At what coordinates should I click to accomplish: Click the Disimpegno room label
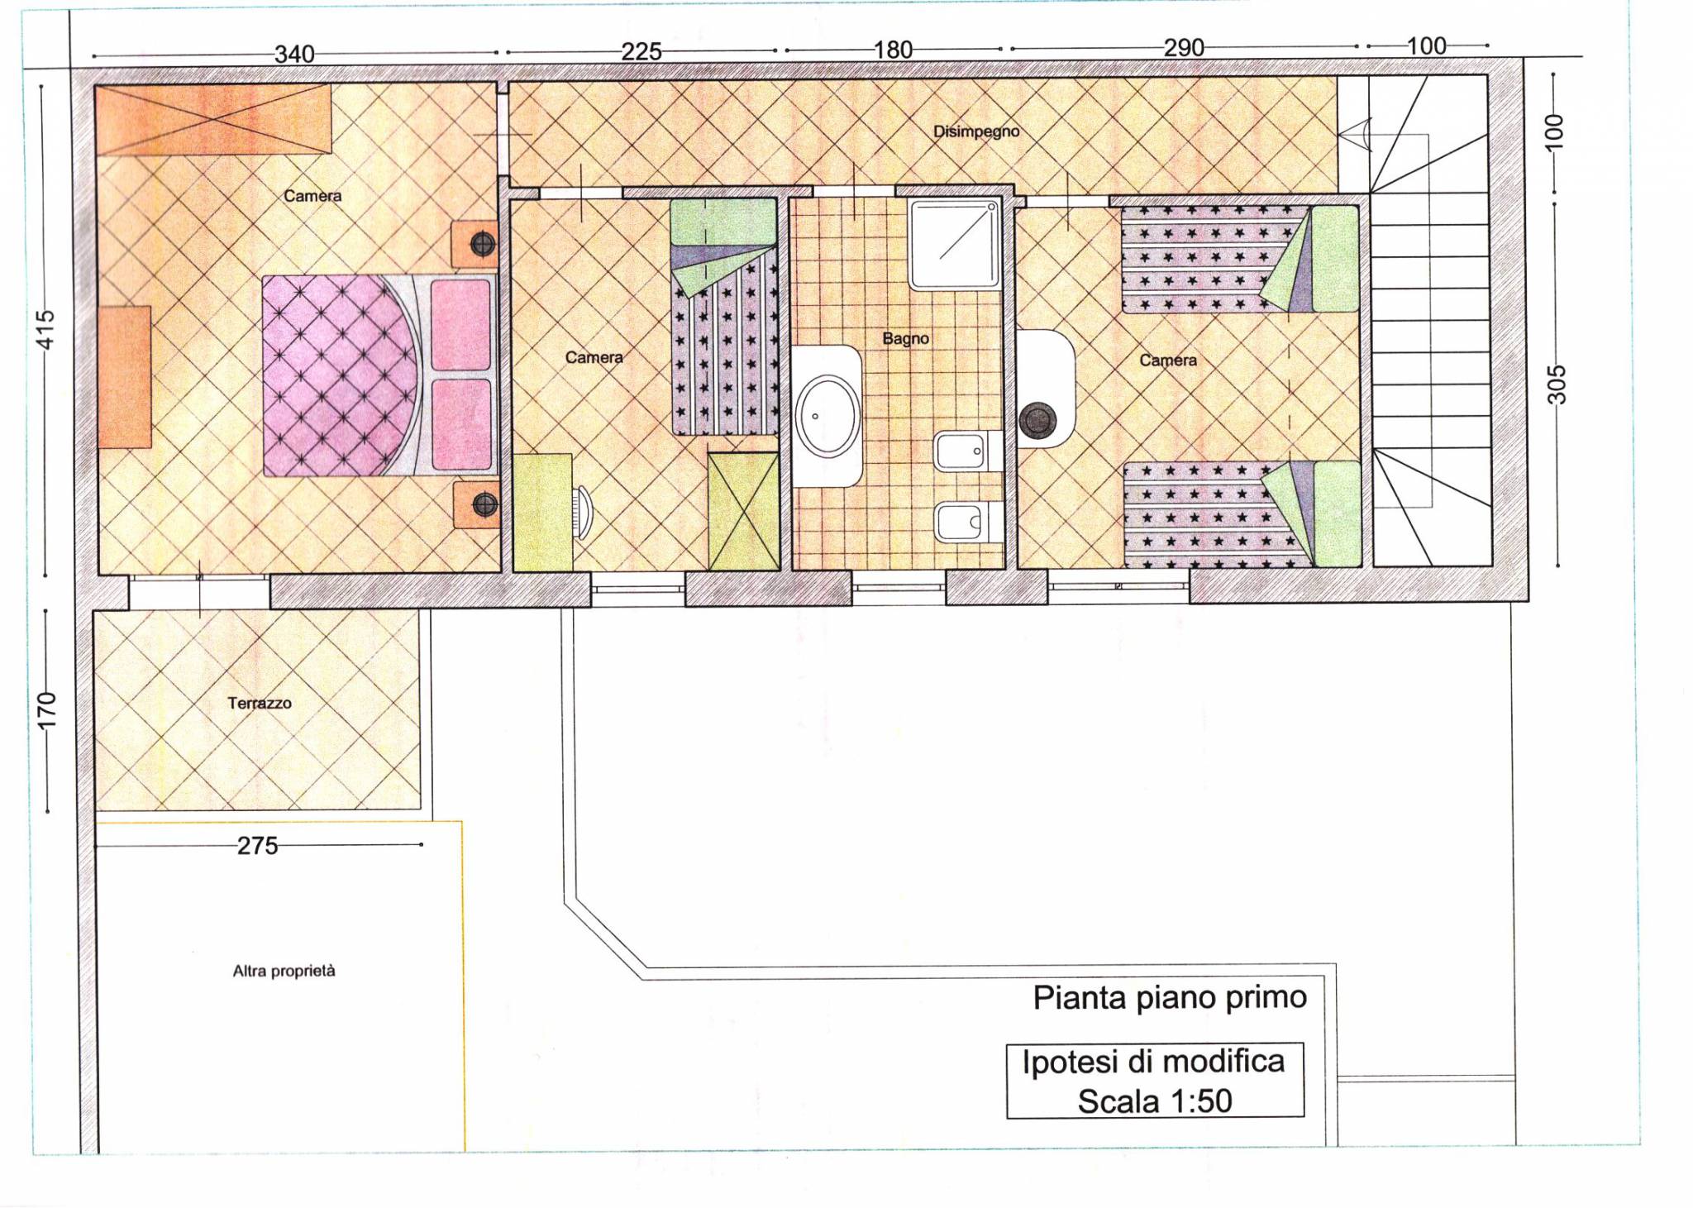tap(976, 131)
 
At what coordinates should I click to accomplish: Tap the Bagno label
tap(905, 338)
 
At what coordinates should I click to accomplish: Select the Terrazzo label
tap(260, 703)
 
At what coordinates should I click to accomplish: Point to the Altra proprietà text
tap(284, 971)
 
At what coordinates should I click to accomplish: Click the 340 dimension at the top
tap(294, 54)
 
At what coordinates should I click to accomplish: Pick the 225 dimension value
tap(641, 51)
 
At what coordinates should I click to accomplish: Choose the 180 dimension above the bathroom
tap(893, 50)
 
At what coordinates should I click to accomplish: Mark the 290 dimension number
tap(1184, 47)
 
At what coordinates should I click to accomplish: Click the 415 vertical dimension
tap(46, 329)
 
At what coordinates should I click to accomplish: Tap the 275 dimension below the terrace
tap(258, 846)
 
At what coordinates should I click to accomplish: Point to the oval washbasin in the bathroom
tap(827, 417)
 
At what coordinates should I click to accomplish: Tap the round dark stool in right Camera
tap(1037, 420)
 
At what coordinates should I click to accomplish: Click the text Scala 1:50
tap(1155, 1101)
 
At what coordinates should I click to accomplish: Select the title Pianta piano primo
tap(1170, 998)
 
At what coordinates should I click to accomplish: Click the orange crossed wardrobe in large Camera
tap(213, 118)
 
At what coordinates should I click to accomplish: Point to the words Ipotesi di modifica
tap(1153, 1062)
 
